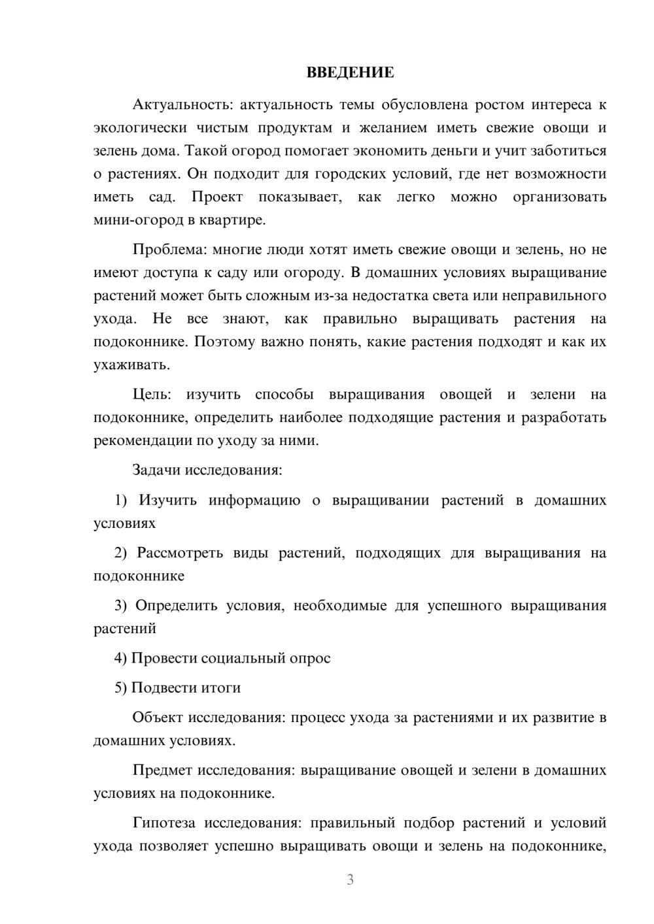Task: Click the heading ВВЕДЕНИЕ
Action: [x=350, y=73]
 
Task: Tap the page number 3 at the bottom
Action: [x=350, y=880]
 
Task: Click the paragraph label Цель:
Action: [x=152, y=395]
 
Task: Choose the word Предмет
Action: [x=162, y=770]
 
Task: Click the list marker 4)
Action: [x=120, y=658]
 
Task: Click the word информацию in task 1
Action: [x=254, y=501]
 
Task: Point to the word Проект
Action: [x=217, y=197]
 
